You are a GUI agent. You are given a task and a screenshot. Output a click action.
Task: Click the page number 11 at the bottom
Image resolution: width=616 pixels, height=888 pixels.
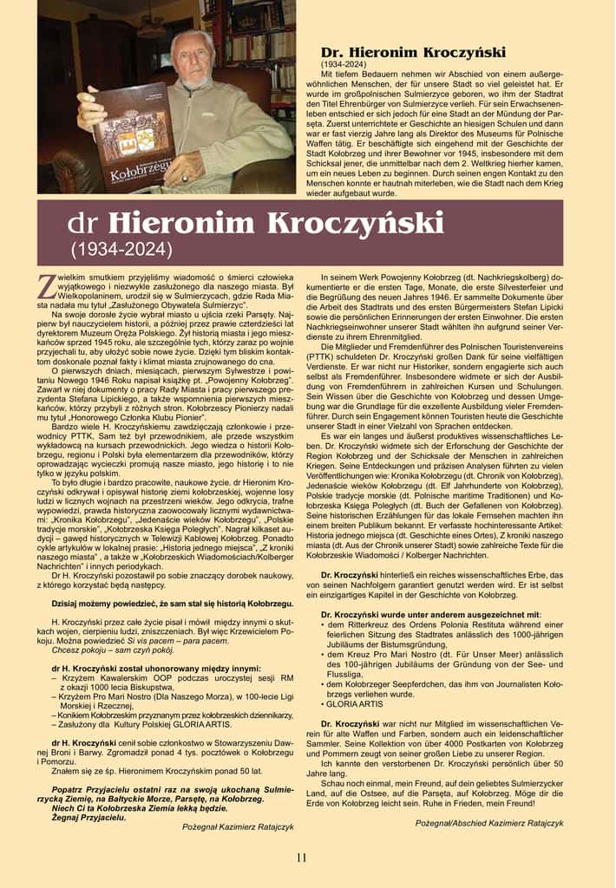click(x=301, y=858)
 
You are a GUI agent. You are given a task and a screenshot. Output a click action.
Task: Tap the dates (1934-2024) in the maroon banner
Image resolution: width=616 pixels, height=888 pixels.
click(x=121, y=250)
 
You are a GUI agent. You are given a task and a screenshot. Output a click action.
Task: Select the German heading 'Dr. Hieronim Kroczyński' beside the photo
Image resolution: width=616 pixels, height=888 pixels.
click(x=413, y=52)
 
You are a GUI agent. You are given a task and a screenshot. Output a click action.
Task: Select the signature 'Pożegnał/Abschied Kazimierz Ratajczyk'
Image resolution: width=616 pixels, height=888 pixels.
click(x=501, y=821)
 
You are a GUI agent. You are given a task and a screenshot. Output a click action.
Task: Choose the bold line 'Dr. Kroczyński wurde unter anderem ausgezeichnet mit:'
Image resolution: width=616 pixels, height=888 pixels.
click(x=442, y=615)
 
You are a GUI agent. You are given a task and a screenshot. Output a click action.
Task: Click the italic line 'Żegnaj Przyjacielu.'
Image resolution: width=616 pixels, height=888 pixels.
click(x=75, y=816)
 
